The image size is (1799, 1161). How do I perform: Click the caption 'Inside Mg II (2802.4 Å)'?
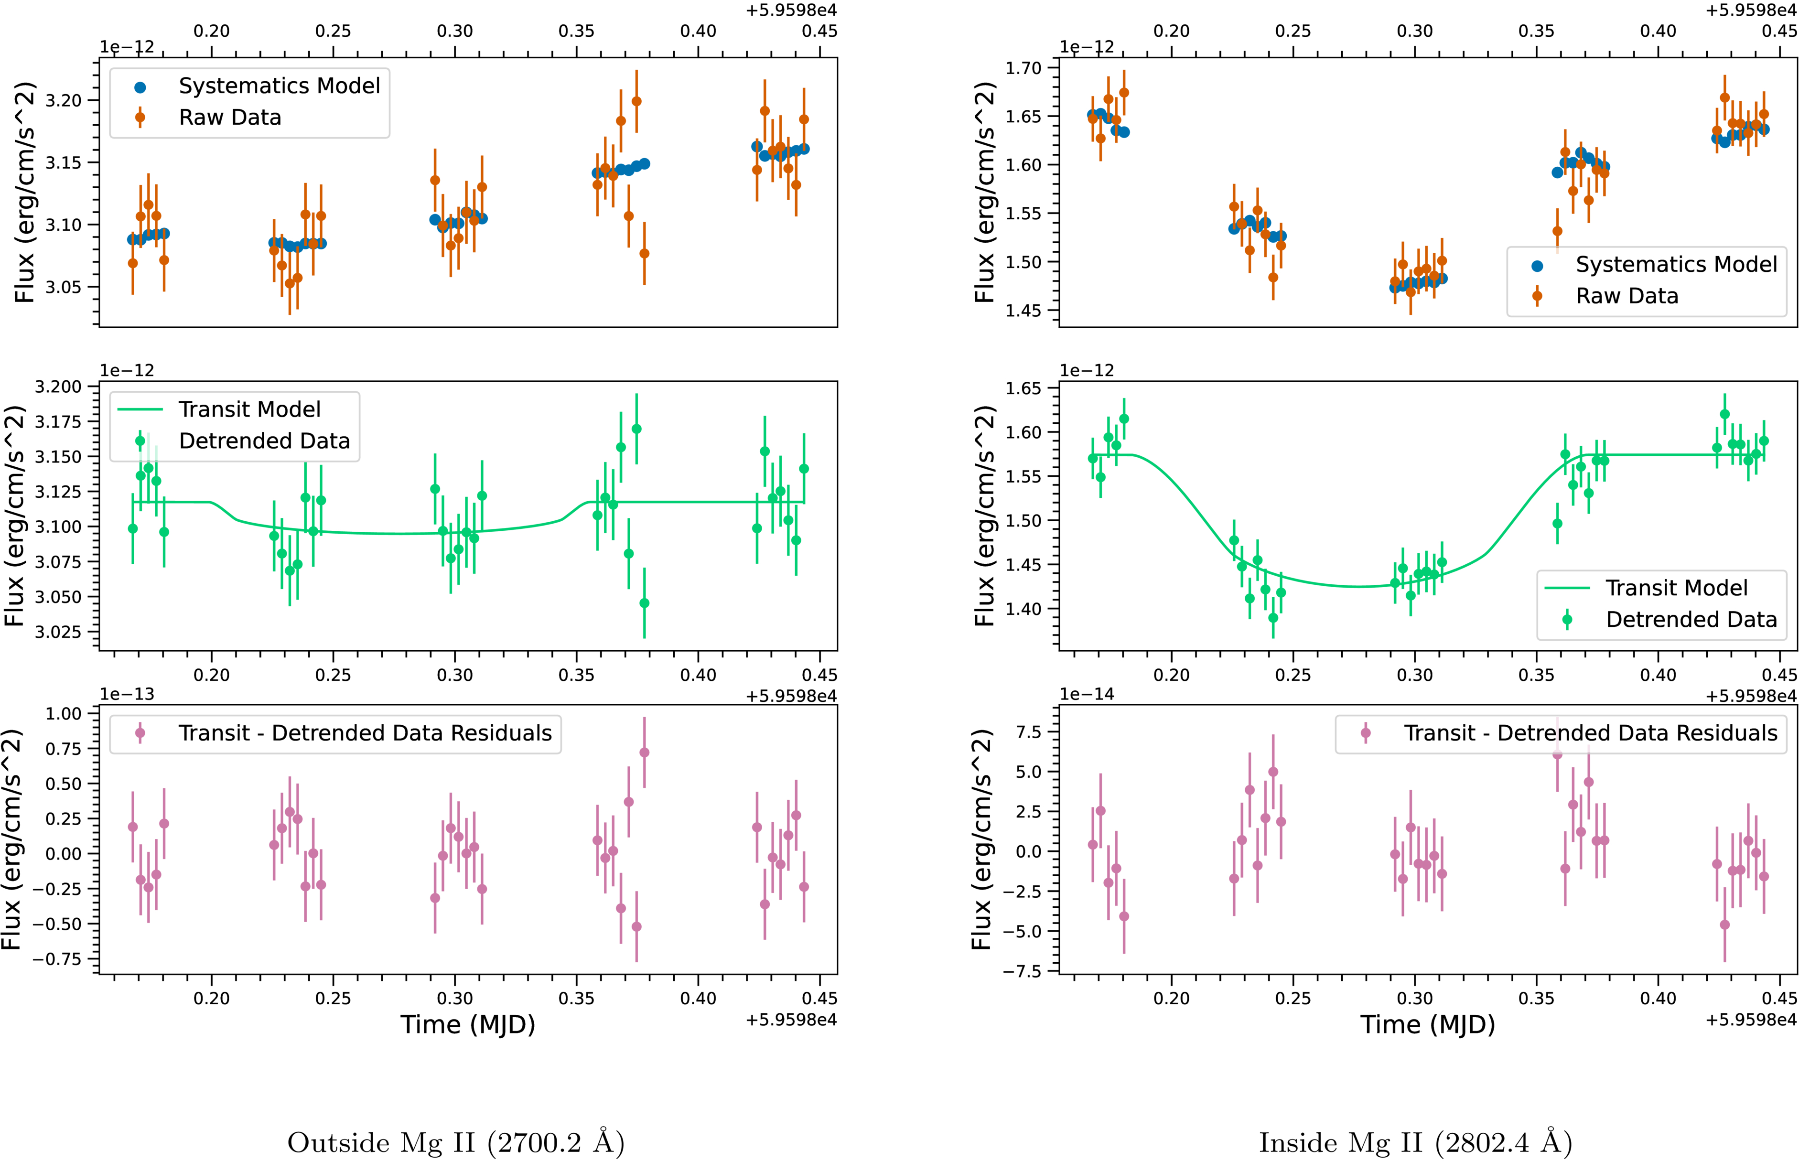[1415, 1142]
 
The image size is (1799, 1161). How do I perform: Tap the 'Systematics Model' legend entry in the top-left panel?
[279, 86]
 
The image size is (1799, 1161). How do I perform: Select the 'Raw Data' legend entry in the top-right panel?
[1627, 296]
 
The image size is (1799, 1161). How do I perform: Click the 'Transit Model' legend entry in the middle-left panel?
[249, 409]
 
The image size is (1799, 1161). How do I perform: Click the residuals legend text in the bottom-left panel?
[365, 733]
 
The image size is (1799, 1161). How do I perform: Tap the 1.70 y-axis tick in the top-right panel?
[1024, 68]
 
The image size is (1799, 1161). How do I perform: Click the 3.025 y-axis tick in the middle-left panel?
[59, 632]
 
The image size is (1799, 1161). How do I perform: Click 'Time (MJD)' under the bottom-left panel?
[467, 1024]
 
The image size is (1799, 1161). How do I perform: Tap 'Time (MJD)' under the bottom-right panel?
[1427, 1024]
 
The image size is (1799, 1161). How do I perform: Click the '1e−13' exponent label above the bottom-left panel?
[127, 694]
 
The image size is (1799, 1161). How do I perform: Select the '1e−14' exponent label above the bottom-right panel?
[1087, 694]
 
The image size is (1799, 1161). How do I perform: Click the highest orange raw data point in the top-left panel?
[636, 101]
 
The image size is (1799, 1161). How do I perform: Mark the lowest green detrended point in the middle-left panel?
[644, 603]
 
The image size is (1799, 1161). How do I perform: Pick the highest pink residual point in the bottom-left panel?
[644, 752]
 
